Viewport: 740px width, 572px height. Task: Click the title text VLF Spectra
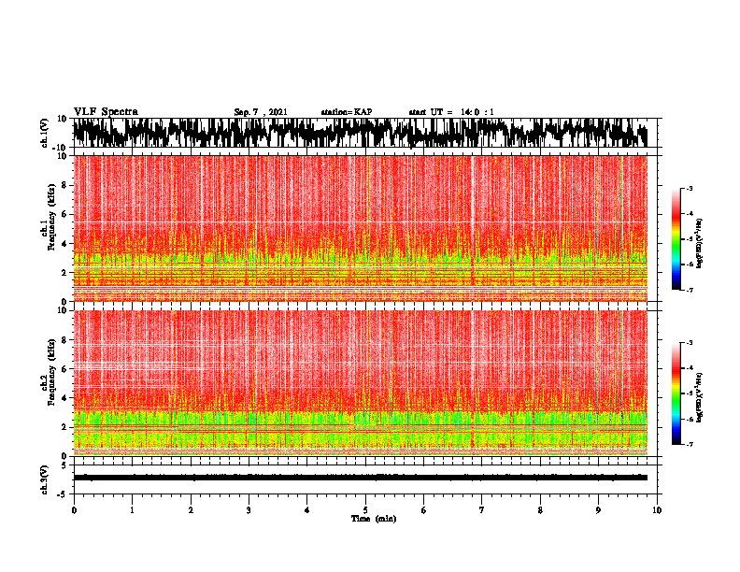(106, 111)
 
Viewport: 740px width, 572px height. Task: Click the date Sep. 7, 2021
(261, 112)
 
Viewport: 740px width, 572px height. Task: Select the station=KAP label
(346, 112)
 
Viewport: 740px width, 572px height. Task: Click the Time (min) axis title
(373, 519)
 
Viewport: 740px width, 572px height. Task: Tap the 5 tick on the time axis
(365, 509)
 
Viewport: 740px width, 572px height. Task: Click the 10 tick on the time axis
(657, 509)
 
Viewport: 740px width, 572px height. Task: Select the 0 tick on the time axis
(74, 509)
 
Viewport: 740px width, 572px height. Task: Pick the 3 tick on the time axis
(249, 509)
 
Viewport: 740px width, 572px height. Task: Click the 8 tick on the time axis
(540, 509)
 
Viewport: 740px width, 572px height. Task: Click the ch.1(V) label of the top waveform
(45, 134)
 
